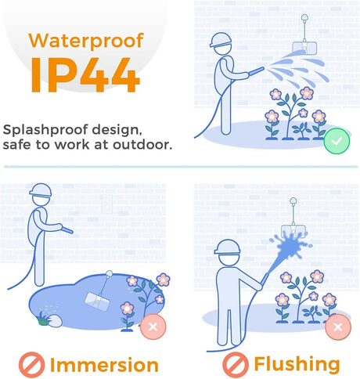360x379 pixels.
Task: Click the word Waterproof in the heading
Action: point(86,42)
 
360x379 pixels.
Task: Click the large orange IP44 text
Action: point(85,75)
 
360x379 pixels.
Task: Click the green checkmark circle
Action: point(337,141)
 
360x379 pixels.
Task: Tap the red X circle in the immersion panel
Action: point(153,327)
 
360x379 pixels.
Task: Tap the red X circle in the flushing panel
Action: point(338,327)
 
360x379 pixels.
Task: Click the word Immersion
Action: point(104,365)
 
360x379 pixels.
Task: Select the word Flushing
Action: point(297,364)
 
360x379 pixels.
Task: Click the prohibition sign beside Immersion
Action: point(31,365)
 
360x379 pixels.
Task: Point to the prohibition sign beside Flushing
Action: point(236,365)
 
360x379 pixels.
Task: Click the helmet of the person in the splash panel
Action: point(221,40)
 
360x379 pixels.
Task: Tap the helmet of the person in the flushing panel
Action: point(227,247)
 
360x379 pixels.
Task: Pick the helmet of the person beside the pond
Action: point(41,189)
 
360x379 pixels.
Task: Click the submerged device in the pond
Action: point(97,301)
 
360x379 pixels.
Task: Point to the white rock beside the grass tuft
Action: point(56,320)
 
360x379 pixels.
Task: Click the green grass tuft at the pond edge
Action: point(43,318)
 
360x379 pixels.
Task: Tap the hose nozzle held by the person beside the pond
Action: point(67,229)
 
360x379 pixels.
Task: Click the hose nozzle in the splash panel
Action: point(257,71)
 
